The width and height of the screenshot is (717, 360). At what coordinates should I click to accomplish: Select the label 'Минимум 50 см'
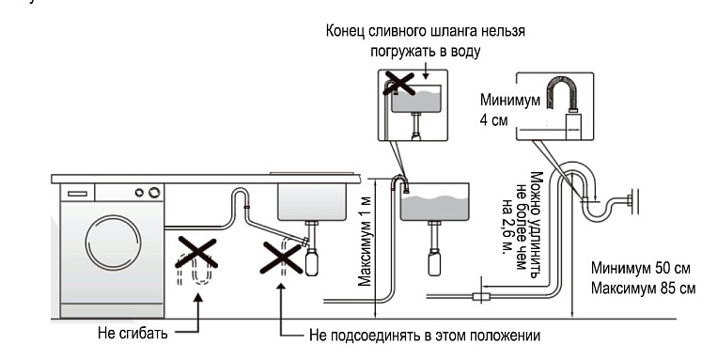click(x=639, y=270)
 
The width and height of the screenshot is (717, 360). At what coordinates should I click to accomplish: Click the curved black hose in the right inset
click(x=566, y=92)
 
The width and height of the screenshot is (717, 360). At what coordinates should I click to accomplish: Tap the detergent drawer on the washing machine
click(x=78, y=192)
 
